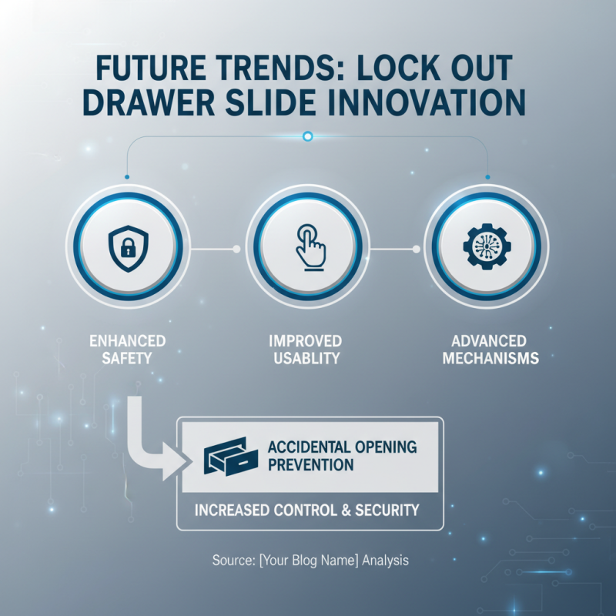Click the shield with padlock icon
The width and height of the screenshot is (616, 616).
129,248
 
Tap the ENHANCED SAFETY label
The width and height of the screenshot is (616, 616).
127,349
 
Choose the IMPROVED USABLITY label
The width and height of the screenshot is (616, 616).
306,349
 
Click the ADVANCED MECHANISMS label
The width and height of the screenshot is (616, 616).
485,349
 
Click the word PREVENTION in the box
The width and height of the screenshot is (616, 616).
306,465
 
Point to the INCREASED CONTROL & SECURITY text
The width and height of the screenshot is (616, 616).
306,510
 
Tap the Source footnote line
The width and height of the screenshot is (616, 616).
310,561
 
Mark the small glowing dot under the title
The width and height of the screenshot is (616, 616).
308,136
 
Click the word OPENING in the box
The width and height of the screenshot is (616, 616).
383,447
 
